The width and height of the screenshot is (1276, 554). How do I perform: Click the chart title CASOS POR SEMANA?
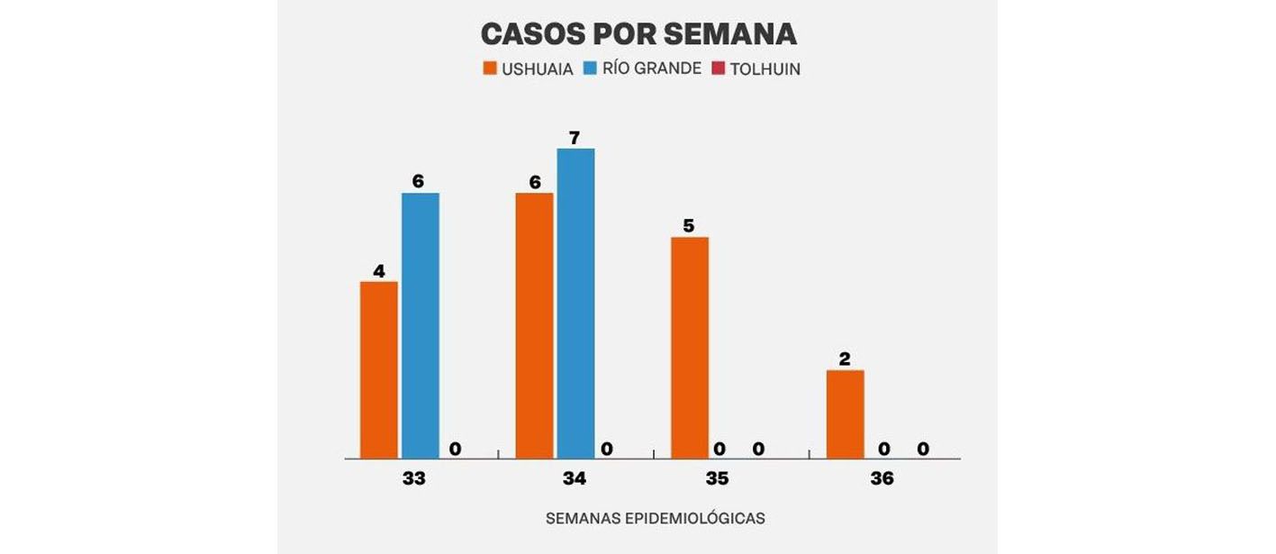[x=638, y=33]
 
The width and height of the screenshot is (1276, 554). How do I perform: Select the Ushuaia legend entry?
[x=528, y=69]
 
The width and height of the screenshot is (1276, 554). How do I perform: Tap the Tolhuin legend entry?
[x=756, y=69]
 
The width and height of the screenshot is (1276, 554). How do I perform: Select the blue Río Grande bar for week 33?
[x=421, y=325]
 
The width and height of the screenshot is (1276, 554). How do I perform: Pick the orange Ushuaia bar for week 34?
[x=534, y=325]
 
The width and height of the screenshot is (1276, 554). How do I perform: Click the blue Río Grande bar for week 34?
[x=575, y=303]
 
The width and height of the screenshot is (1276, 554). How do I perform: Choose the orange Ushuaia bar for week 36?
[x=845, y=413]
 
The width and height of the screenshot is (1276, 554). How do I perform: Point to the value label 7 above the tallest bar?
[x=575, y=138]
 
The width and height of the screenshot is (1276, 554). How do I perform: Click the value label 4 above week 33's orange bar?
[x=378, y=270]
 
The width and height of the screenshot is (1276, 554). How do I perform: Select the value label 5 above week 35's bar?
[x=689, y=226]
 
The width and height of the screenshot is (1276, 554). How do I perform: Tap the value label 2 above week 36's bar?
[x=845, y=359]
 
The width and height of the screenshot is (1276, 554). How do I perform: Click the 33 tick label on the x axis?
[x=414, y=479]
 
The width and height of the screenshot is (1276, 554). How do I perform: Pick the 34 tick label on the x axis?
[x=575, y=479]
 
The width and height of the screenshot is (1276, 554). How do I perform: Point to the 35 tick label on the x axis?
[x=717, y=479]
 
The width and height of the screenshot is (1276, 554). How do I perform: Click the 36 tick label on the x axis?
[x=882, y=479]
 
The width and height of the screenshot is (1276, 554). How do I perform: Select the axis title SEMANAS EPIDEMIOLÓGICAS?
[x=656, y=519]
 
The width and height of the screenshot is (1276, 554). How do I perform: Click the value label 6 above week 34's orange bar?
[x=535, y=182]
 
